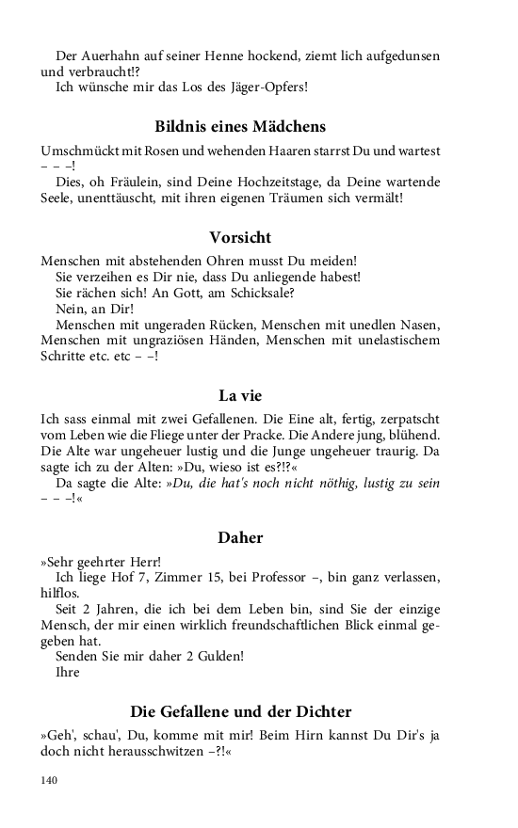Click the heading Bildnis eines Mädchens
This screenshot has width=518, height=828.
tap(240, 126)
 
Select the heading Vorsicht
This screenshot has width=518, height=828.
tap(240, 237)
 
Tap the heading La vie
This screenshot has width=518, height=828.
tap(240, 395)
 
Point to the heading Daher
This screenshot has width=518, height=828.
tap(240, 538)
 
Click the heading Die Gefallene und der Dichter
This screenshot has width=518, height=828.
tap(240, 711)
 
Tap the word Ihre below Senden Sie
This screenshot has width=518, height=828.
tap(68, 672)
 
